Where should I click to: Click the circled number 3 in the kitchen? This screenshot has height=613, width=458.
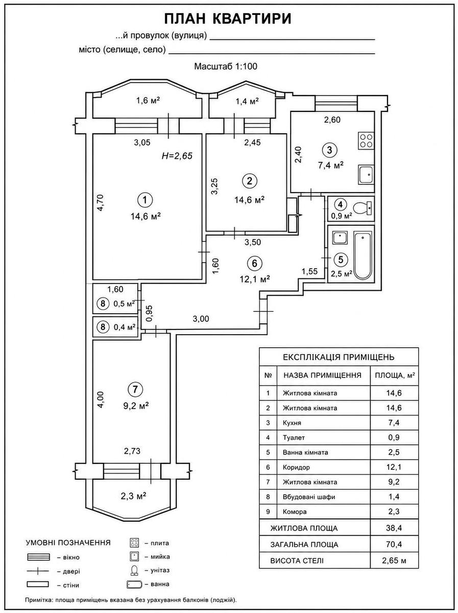click(x=329, y=150)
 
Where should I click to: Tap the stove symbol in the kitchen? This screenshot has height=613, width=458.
click(x=366, y=140)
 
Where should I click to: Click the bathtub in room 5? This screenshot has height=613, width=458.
click(x=363, y=255)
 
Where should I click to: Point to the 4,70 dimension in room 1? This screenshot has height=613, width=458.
click(x=101, y=203)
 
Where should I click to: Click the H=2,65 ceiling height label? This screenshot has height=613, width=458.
click(x=177, y=156)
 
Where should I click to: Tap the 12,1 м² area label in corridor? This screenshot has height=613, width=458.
click(x=255, y=279)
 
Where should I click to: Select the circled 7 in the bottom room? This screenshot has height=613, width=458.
click(x=135, y=389)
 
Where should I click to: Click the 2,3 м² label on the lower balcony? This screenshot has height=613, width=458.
click(x=134, y=496)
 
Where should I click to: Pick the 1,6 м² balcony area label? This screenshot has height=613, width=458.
click(x=148, y=100)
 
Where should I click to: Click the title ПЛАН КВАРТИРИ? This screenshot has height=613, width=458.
click(x=227, y=19)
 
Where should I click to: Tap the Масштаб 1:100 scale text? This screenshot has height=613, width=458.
click(x=226, y=66)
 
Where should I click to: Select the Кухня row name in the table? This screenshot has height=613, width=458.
click(x=292, y=423)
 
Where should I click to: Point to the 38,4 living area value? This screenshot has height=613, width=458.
click(x=394, y=528)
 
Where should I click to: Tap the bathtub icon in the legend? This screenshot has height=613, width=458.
click(x=134, y=584)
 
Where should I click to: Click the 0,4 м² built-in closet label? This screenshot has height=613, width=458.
click(x=125, y=327)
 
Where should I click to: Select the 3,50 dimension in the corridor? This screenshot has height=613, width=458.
click(x=253, y=242)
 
